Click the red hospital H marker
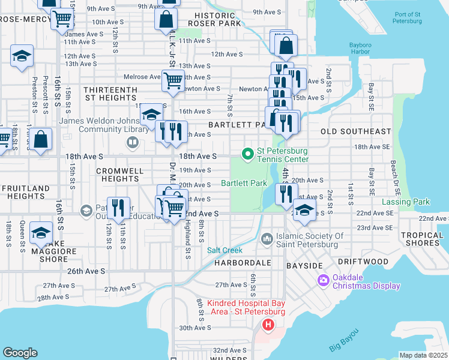tap(268, 325)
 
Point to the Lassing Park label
tap(406, 202)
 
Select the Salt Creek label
tap(224, 250)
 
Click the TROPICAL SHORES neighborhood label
tap(421, 239)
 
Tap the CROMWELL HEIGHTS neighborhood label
tap(120, 175)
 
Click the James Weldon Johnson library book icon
tap(132, 143)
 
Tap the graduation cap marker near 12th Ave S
tap(22, 56)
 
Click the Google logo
tap(20, 353)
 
